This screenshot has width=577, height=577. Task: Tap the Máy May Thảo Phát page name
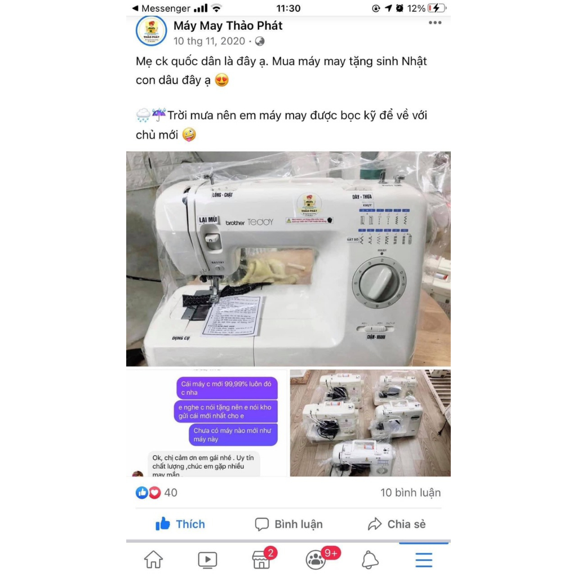click(x=228, y=25)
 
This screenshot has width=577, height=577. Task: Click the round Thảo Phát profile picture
click(x=152, y=32)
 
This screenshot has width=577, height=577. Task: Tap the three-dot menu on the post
click(x=435, y=23)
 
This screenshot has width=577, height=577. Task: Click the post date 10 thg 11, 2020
click(x=209, y=41)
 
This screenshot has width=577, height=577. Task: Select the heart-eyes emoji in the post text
click(x=222, y=81)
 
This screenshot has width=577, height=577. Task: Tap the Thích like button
click(x=180, y=524)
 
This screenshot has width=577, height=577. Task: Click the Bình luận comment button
click(x=288, y=524)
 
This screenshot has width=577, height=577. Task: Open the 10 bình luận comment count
click(x=410, y=492)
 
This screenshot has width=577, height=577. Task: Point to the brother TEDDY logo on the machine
click(x=249, y=222)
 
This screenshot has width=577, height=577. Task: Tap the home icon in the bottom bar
click(x=153, y=560)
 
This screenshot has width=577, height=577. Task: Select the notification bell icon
click(x=370, y=560)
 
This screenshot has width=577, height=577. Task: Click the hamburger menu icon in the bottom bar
click(x=424, y=560)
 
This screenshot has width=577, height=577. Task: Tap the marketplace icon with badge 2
click(x=261, y=560)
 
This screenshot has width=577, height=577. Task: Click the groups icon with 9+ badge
click(x=316, y=560)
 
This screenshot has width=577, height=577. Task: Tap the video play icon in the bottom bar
click(x=207, y=560)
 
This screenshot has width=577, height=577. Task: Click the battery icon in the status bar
click(x=437, y=8)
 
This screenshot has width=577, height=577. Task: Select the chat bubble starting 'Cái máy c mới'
click(x=226, y=388)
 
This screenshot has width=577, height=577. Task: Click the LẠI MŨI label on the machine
click(x=208, y=219)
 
